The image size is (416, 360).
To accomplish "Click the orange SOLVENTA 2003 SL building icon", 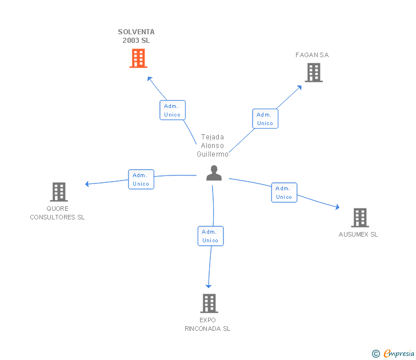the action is coord(138,58).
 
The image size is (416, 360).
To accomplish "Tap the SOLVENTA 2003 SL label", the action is coord(136,36).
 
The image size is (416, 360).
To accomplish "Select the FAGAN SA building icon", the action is coord(314,73).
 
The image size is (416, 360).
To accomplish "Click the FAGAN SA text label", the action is coord(312,55).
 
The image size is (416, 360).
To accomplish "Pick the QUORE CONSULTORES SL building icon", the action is coord(59,192).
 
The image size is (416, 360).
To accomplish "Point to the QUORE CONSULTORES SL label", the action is coord(57,213).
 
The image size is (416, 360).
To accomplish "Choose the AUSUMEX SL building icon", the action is coord(360,218).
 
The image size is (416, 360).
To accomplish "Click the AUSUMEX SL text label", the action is coord(358,234).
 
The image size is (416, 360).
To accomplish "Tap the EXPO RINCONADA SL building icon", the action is coord(209,303).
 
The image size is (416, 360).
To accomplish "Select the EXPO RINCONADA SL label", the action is coord(207,324).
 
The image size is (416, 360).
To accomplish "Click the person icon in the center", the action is coord(214,173).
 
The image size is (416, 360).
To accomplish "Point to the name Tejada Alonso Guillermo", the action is coord(213,145).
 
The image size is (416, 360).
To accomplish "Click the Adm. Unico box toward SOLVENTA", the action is coord(173,110).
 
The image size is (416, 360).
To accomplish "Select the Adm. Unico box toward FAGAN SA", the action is coord(265,119).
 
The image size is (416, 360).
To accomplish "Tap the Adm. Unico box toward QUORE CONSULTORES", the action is coord(141,179).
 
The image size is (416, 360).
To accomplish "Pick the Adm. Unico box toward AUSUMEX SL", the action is coord(284,193).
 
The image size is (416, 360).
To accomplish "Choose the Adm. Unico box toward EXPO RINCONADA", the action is coord(211,236).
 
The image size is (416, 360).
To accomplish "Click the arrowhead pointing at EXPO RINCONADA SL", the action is coord(209,286).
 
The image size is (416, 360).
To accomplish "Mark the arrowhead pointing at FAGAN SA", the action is coord(299,87).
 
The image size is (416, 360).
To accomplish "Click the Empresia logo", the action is coord(393,353).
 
